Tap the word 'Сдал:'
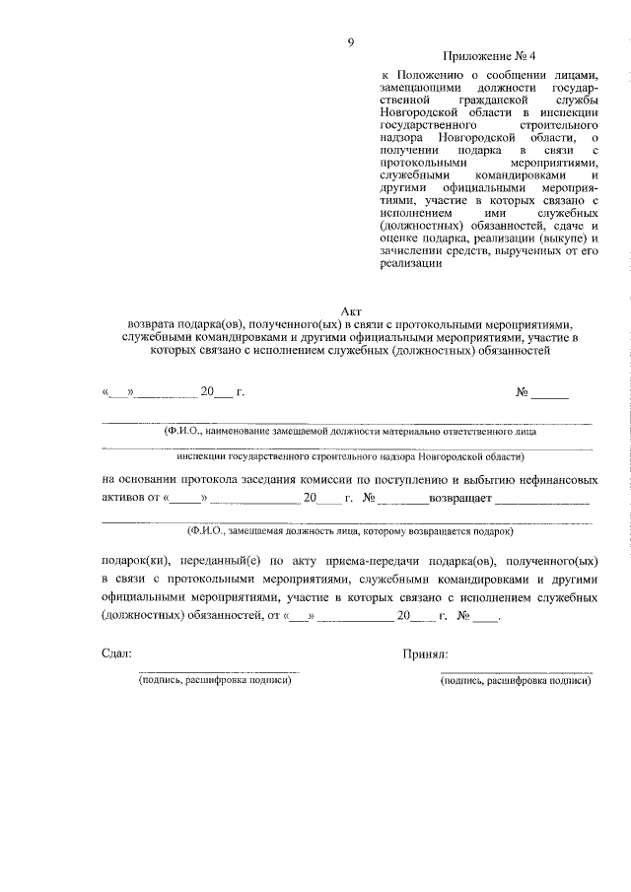115,652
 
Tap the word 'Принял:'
426,652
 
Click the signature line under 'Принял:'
516,671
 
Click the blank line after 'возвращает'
542,501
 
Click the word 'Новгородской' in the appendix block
423,114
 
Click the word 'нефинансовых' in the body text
558,479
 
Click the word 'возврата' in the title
152,322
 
